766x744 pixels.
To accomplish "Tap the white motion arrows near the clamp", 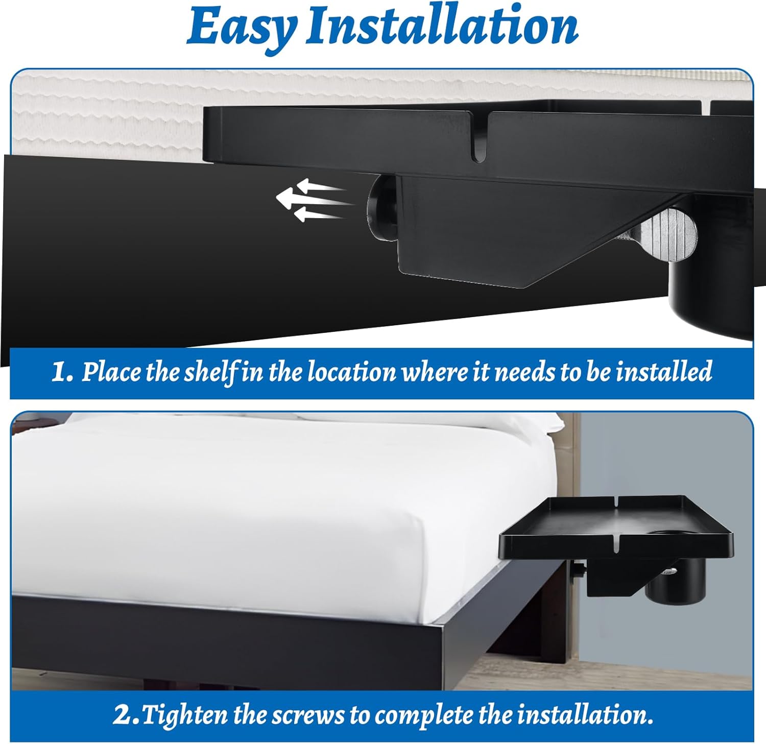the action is (x=310, y=200).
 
